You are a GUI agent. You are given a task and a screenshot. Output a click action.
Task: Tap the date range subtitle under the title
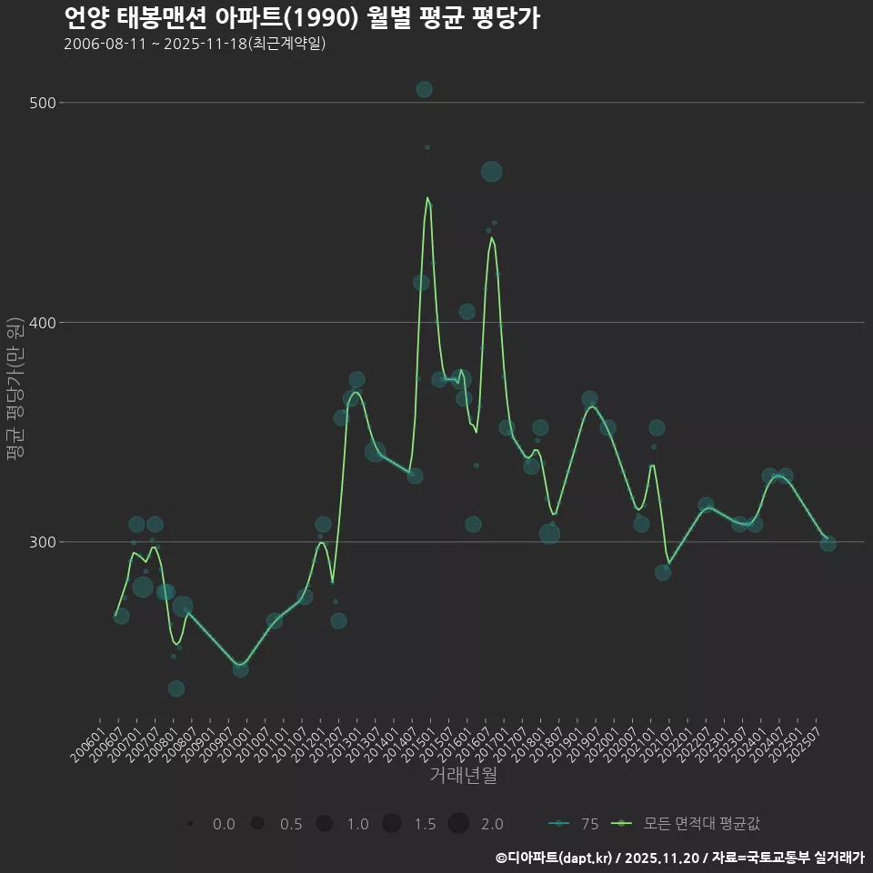pyautogui.click(x=195, y=44)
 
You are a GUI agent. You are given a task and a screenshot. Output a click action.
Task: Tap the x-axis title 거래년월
pyautogui.click(x=463, y=776)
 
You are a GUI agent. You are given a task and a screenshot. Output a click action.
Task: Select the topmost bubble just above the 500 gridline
pyautogui.click(x=424, y=89)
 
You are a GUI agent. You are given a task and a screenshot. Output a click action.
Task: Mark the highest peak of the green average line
pyautogui.click(x=427, y=197)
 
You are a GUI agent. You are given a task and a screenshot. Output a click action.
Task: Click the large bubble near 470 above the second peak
pyautogui.click(x=491, y=172)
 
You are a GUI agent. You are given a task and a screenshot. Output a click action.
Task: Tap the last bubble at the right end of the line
pyautogui.click(x=828, y=544)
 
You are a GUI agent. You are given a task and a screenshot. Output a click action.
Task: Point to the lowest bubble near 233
pyautogui.click(x=176, y=688)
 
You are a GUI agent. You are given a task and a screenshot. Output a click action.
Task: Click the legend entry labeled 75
pyautogui.click(x=574, y=824)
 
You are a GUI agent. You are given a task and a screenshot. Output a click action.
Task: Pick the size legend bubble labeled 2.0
pyautogui.click(x=458, y=824)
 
